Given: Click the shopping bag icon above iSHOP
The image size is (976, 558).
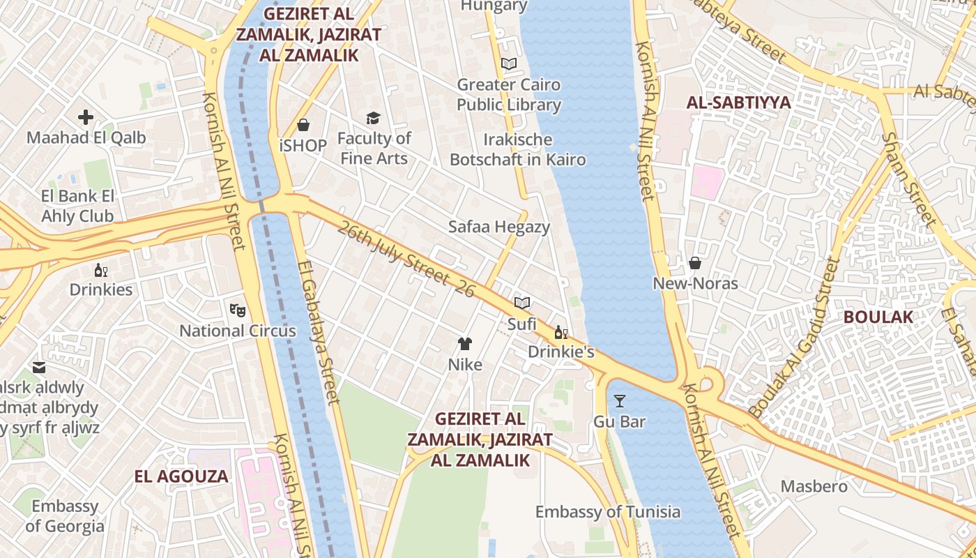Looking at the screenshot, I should tap(303, 125).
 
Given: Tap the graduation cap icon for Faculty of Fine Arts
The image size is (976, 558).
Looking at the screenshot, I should tap(374, 118).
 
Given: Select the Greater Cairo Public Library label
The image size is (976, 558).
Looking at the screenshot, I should tap(509, 95).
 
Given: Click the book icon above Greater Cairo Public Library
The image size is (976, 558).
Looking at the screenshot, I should tap(509, 64).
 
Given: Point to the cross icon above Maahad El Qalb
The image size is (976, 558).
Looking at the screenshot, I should tap(86, 116).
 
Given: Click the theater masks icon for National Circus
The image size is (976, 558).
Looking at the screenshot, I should tap(237, 309).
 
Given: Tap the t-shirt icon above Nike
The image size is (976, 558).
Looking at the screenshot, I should tap(465, 343).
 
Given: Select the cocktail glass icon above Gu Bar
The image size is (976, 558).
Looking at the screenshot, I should tap(619, 400).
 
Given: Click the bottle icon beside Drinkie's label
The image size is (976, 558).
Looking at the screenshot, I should tap(561, 332).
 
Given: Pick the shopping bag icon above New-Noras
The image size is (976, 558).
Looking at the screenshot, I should tap(695, 262).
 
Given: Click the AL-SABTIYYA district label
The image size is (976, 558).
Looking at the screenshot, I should tap(738, 103).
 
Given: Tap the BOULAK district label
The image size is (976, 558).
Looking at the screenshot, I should tap(878, 317).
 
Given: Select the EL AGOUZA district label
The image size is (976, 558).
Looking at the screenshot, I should tap(181, 476).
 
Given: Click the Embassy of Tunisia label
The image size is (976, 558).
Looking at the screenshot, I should tap(607, 512).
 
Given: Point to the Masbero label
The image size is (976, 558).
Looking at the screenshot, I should tap(814, 486).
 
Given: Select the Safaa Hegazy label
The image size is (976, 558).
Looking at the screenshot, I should tap(498, 227).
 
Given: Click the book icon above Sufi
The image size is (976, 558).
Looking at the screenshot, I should tap(522, 303).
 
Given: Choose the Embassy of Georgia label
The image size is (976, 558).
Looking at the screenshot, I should tap(65, 516).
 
